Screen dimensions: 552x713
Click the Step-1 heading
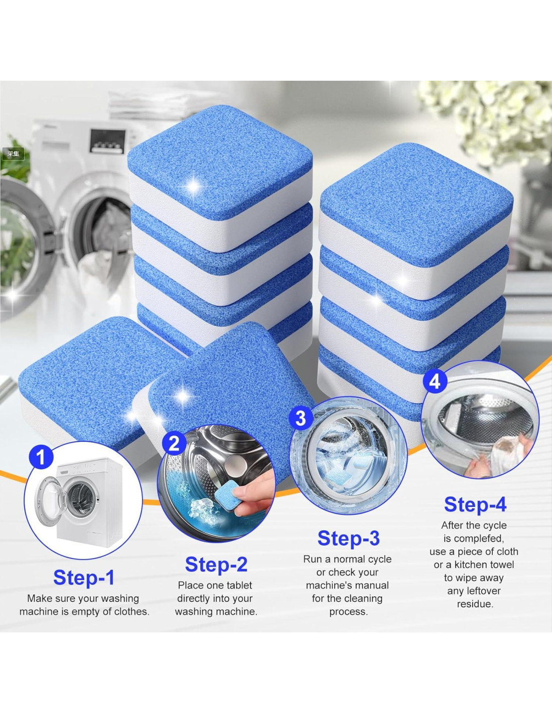(84, 577)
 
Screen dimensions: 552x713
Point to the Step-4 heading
(475, 504)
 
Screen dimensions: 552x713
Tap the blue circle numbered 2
(174, 444)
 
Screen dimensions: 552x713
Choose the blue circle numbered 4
(435, 382)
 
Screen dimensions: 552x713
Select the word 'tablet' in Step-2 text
(238, 585)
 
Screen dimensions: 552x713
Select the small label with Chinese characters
(13, 154)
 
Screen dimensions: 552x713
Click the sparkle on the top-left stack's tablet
(194, 187)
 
